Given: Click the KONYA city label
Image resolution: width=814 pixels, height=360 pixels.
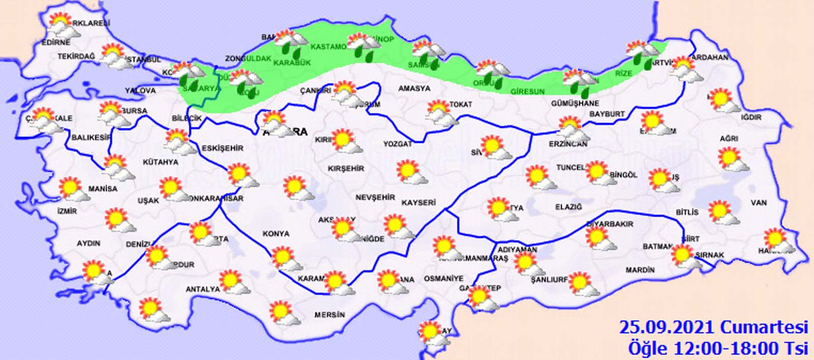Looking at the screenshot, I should [276, 234].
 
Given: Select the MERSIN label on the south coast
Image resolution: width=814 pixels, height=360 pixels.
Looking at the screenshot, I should [329, 315].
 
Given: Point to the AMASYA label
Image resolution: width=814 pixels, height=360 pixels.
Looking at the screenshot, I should [414, 88].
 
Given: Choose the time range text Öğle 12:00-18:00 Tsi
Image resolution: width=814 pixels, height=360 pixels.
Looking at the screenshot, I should [717, 348].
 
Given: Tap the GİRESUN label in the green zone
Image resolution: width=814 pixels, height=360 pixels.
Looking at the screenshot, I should [527, 92].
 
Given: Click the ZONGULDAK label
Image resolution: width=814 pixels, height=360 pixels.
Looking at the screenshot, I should [248, 58].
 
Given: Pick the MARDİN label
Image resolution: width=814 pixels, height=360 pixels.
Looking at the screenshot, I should [640, 270].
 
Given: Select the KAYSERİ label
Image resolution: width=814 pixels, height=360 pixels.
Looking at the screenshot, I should [418, 202].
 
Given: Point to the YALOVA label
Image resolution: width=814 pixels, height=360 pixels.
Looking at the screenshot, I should [140, 91].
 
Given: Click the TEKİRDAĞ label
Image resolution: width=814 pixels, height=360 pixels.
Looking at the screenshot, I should [76, 56].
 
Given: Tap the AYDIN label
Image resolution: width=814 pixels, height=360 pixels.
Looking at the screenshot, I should [88, 244].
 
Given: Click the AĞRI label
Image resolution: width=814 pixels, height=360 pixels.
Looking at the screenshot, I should [729, 138].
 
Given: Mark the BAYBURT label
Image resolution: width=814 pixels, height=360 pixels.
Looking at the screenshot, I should [606, 114].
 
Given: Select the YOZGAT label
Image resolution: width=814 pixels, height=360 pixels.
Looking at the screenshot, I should [397, 144].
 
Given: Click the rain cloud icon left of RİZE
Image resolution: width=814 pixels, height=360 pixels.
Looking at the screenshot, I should [579, 82].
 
